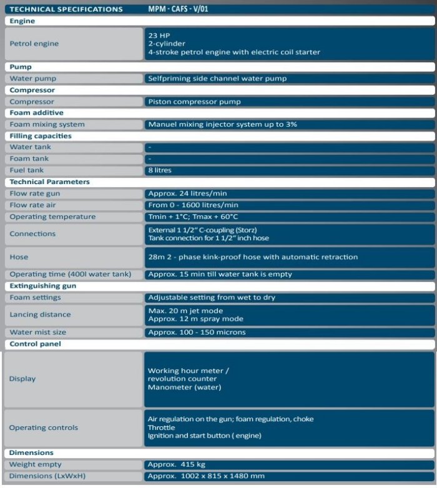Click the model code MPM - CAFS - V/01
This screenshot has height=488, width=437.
pyautogui.click(x=182, y=9)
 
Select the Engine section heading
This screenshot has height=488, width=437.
pyautogui.click(x=22, y=21)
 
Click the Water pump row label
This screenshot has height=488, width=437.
pyautogui.click(x=32, y=79)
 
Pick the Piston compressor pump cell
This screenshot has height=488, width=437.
pyautogui.click(x=194, y=102)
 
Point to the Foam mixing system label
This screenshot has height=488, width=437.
pyautogui.click(x=47, y=124)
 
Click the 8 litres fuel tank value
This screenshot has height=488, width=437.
pyautogui.click(x=160, y=170)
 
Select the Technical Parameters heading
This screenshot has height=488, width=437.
pyautogui.click(x=49, y=182)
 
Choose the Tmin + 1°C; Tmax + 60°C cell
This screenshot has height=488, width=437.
pyautogui.click(x=193, y=217)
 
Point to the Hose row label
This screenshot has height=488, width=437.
pyautogui.click(x=19, y=256)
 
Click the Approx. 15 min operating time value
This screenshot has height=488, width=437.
pyautogui.click(x=220, y=274)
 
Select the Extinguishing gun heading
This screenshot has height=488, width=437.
pyautogui.click(x=42, y=286)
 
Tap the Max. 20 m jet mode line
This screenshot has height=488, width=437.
pyautogui.click(x=185, y=310)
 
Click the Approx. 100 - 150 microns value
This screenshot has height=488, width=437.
pyautogui.click(x=197, y=332)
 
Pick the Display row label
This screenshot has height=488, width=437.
pyautogui.click(x=22, y=379)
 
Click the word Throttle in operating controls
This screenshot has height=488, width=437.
pyautogui.click(x=161, y=427)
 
